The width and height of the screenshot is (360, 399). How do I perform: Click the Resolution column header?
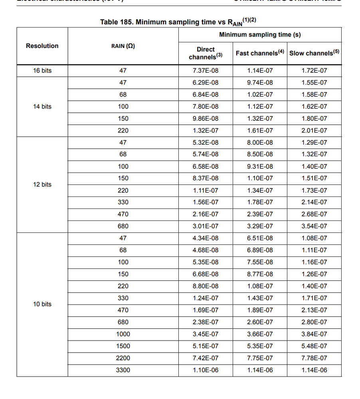42,46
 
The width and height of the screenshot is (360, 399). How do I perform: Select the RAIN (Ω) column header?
123,46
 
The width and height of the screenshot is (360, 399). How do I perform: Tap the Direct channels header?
206,53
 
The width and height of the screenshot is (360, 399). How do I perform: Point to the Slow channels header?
314,53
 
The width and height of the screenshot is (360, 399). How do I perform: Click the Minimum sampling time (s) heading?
260,35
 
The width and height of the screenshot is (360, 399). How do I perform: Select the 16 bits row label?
42,71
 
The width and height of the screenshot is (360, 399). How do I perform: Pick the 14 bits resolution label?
42,107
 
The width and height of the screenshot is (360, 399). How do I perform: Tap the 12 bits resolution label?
42,185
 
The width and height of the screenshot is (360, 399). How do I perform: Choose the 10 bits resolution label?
42,304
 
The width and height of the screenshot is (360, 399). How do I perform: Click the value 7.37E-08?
206,71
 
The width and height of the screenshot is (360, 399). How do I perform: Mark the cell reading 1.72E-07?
314,71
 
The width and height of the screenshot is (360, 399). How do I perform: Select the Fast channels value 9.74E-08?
260,83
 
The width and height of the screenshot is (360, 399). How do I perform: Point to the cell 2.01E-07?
314,131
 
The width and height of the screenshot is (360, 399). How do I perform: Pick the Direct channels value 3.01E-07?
206,226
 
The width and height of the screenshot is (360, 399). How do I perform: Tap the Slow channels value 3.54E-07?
314,226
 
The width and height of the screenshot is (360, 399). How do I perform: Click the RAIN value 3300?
123,370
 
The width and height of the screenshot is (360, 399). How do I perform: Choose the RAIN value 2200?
123,358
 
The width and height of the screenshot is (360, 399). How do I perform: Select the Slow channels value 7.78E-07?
314,358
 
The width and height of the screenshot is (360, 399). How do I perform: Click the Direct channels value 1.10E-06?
206,370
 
